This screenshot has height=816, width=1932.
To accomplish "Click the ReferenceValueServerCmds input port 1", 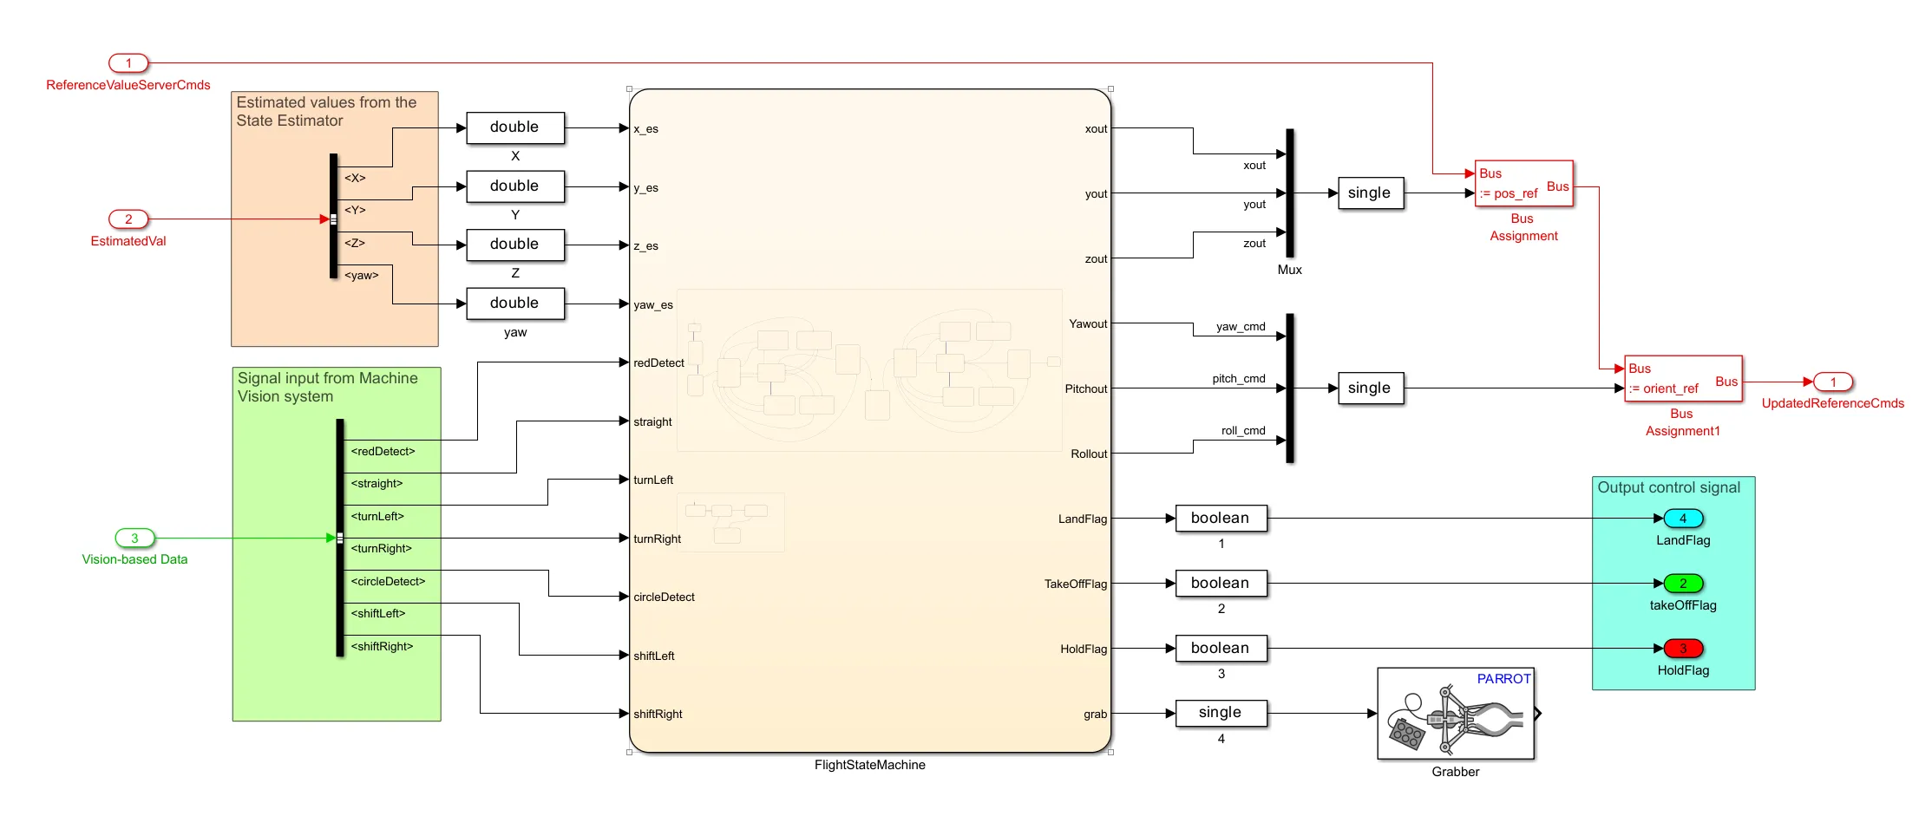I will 128,63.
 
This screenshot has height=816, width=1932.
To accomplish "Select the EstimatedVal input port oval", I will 128,219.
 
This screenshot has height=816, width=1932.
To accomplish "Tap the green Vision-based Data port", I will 134,539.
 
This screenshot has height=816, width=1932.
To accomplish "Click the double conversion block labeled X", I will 515,127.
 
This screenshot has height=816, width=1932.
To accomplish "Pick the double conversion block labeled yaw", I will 515,304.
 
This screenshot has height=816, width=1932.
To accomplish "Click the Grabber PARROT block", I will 1456,714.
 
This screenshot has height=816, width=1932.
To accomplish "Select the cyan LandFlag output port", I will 1683,519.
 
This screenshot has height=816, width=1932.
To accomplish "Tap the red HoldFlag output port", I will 1683,649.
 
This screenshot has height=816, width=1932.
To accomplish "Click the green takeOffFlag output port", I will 1683,584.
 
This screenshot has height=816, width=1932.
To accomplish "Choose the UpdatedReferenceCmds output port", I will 1833,382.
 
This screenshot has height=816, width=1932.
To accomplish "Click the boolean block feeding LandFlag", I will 1221,519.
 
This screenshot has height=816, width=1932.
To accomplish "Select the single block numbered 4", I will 1221,713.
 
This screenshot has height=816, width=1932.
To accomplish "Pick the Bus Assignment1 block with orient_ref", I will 1683,379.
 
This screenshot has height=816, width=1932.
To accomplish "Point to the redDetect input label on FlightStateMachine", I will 658,363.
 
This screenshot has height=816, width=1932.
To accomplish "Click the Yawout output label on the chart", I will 1088,324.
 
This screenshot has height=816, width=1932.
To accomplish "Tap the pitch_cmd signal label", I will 1238,379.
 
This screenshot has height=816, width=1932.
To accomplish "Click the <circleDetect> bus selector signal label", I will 388,582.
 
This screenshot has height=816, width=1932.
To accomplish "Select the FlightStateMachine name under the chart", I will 869,765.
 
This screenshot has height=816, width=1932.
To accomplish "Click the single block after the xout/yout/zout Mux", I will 1369,193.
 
